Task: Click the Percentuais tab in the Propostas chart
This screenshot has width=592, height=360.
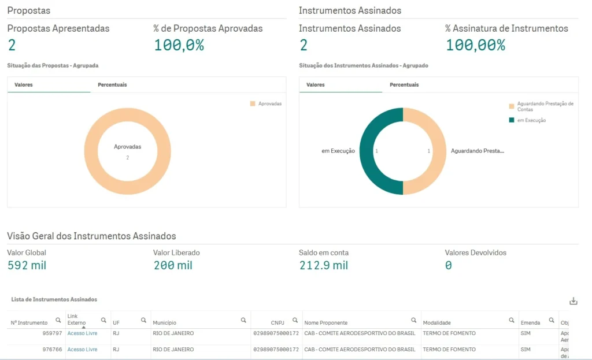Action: click(112, 85)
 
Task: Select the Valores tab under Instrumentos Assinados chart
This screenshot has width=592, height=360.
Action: click(315, 85)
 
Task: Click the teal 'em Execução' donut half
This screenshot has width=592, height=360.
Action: click(370, 151)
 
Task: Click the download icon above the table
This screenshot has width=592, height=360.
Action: click(573, 301)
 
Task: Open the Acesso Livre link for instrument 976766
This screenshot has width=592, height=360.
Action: click(82, 350)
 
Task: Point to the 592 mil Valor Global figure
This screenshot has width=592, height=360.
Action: click(27, 266)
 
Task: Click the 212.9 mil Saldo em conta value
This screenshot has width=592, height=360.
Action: click(323, 266)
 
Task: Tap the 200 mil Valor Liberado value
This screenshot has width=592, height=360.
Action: click(173, 266)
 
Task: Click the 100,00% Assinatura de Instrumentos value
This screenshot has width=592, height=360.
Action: click(475, 45)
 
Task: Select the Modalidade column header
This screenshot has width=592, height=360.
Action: click(436, 322)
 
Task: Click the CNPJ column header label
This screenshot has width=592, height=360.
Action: click(277, 322)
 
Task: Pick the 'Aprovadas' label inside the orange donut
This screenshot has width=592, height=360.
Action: click(127, 147)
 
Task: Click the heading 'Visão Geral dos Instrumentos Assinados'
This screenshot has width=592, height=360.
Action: click(91, 236)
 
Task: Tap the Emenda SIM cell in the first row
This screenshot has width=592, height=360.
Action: click(526, 333)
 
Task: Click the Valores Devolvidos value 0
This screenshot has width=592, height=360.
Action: click(448, 266)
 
